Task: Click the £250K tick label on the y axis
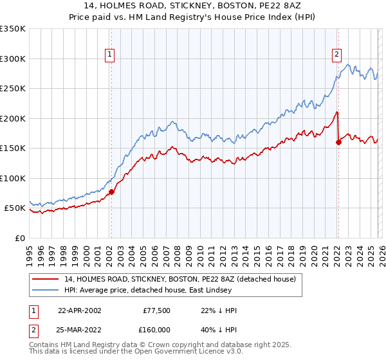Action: point(13,89)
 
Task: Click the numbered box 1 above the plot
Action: point(111,55)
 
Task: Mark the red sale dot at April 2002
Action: point(112,192)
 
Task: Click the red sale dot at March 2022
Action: point(338,143)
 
